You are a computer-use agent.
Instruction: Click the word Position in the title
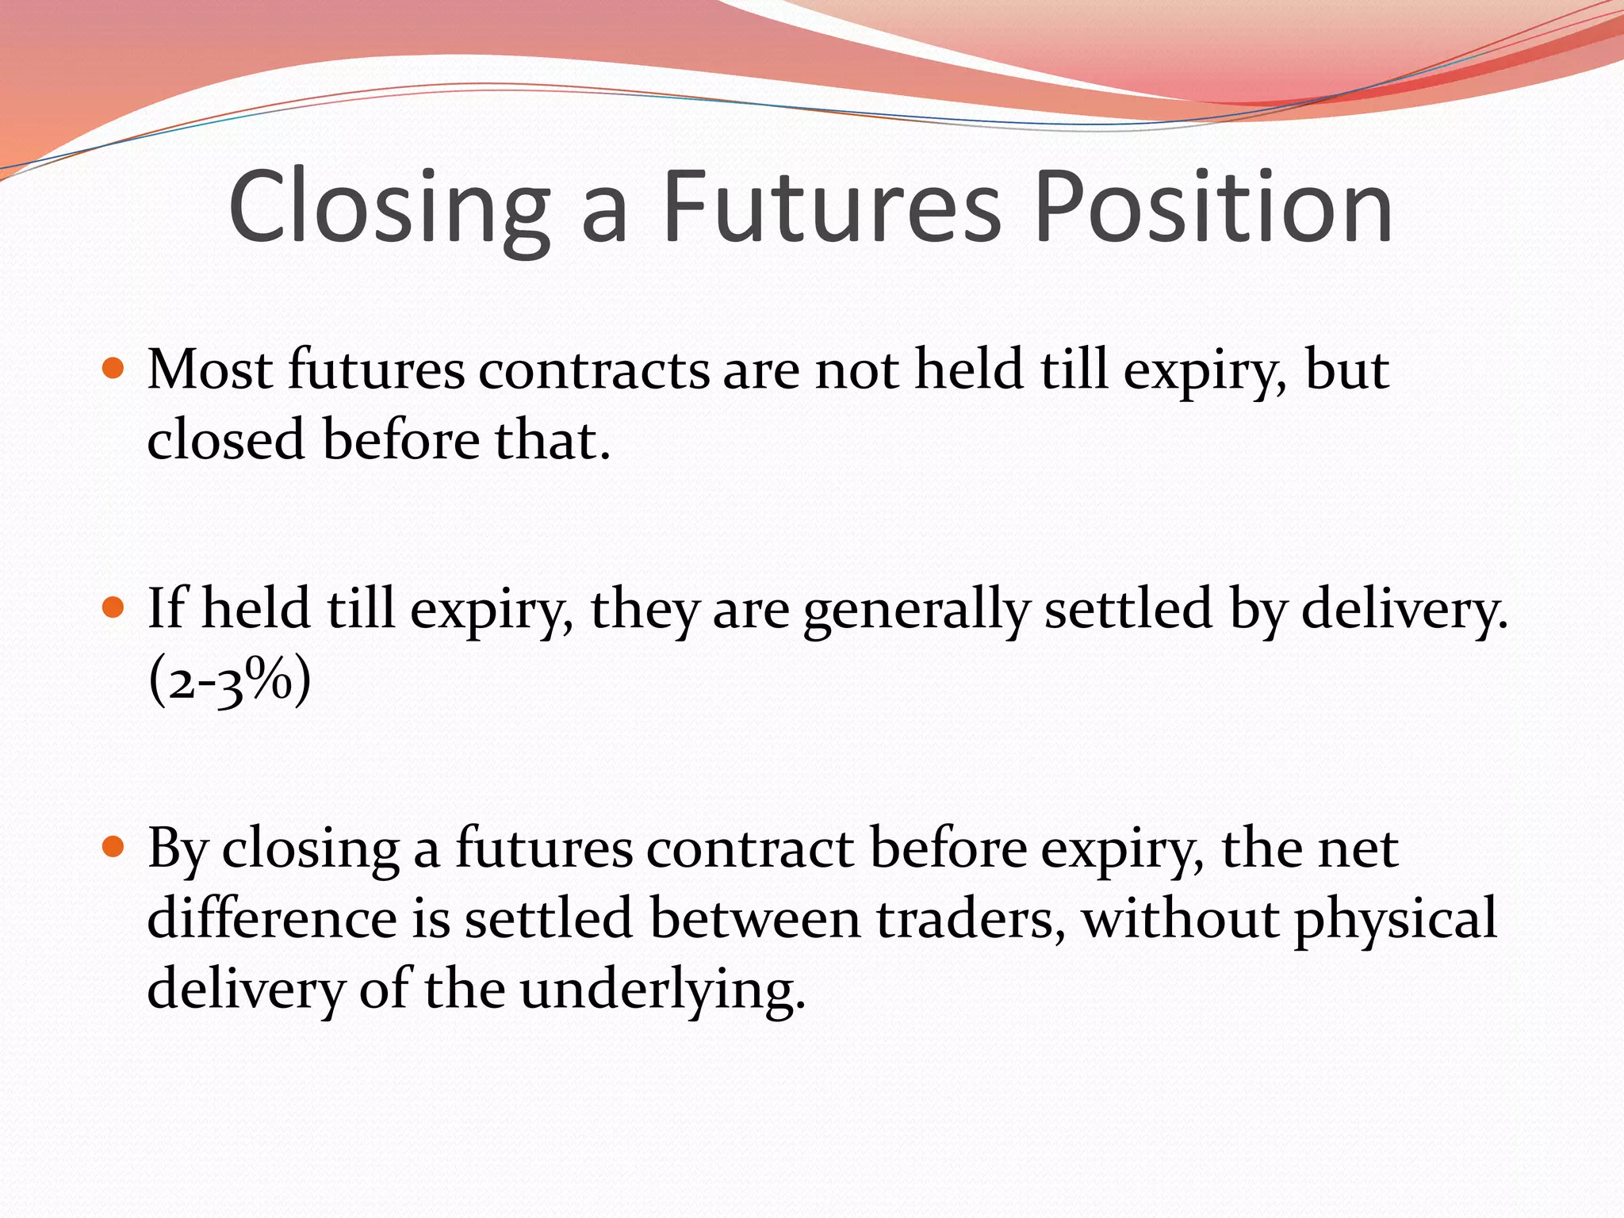(x=1213, y=208)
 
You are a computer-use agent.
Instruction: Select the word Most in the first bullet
(x=210, y=370)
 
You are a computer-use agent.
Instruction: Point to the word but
(x=1346, y=370)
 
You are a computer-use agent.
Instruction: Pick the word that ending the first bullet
(x=552, y=440)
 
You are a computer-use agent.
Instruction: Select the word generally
(x=916, y=611)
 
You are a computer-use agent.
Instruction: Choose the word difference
(x=272, y=918)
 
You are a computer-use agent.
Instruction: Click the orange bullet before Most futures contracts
(x=114, y=369)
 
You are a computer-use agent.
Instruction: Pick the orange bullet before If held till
(x=114, y=608)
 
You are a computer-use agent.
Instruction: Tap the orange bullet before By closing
(x=114, y=848)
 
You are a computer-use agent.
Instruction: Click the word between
(x=755, y=918)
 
